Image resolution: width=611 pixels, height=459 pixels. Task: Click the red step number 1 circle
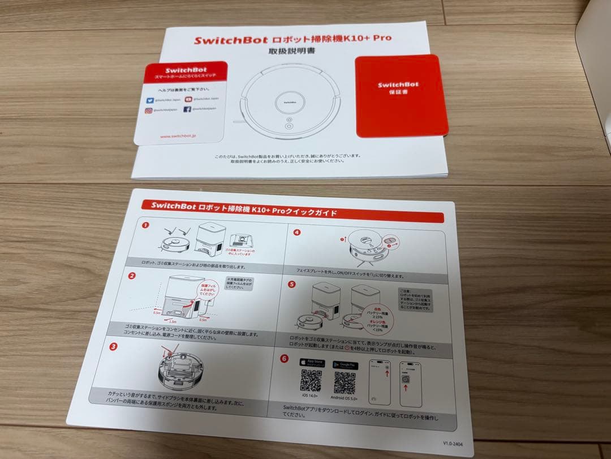(145, 225)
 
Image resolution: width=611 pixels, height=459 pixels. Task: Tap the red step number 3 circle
(113, 346)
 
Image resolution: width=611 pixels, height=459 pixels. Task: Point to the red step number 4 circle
(297, 232)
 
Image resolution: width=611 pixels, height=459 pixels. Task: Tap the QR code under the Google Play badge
(345, 383)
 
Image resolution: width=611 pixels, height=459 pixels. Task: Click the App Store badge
(312, 363)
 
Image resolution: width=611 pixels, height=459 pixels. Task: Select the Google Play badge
(346, 365)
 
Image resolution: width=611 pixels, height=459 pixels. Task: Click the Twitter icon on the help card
(149, 99)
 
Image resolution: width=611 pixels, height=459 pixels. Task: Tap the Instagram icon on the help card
(148, 111)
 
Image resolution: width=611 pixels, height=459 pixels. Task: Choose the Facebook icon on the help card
(187, 109)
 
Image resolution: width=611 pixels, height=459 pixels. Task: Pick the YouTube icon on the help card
(188, 99)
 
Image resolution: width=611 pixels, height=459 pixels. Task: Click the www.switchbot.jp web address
(178, 136)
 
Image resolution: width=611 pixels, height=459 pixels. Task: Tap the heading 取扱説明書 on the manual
(292, 52)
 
